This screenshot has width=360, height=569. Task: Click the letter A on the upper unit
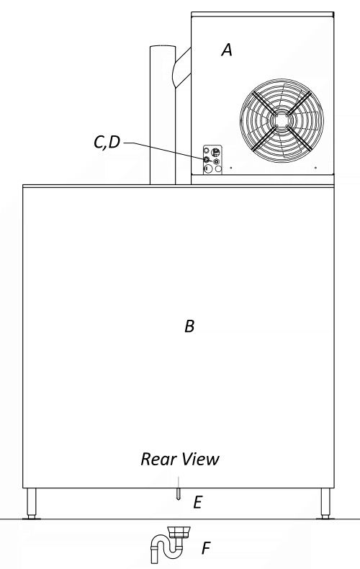click(x=227, y=50)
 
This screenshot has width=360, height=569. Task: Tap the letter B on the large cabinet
click(x=189, y=326)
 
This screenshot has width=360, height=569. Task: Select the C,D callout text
click(x=107, y=142)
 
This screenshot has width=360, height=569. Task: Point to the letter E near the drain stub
click(x=197, y=503)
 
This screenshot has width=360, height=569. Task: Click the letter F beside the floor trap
click(x=206, y=548)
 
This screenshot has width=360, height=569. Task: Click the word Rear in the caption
click(x=158, y=459)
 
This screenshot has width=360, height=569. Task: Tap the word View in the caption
click(x=201, y=459)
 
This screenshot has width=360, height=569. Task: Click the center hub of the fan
click(x=282, y=120)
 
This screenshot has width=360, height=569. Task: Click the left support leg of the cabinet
click(x=32, y=503)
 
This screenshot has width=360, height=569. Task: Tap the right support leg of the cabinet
click(x=325, y=503)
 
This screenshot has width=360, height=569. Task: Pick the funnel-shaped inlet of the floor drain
click(x=179, y=532)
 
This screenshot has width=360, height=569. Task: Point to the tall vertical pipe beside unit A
click(x=163, y=115)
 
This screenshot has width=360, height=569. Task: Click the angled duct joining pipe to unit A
click(x=182, y=68)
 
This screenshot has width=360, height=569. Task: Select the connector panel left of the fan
click(x=212, y=160)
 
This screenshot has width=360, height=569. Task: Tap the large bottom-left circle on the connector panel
click(x=207, y=169)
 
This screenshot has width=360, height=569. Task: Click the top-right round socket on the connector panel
click(x=216, y=151)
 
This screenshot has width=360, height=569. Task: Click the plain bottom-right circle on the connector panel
click(x=217, y=169)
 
